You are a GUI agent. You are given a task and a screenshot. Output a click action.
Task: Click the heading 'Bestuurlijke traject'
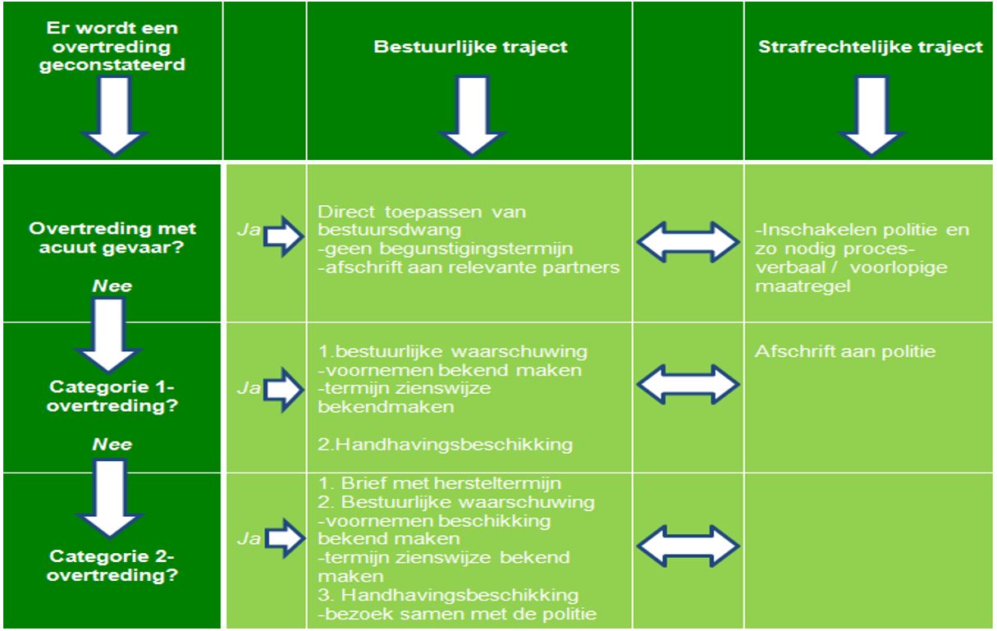tap(470, 47)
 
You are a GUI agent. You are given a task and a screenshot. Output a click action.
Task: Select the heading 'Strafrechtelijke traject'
tap(870, 47)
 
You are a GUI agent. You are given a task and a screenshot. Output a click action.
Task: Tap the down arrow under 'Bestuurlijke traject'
tap(472, 116)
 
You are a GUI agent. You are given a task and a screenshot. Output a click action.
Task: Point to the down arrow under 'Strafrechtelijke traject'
tap(871, 116)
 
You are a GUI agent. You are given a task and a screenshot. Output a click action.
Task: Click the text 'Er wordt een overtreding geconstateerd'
tap(112, 46)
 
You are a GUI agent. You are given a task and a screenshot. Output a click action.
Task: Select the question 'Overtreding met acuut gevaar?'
tap(112, 238)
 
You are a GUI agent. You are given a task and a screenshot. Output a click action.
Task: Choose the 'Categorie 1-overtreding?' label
tap(112, 396)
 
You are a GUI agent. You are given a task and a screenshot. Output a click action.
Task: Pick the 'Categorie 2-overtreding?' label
tap(112, 565)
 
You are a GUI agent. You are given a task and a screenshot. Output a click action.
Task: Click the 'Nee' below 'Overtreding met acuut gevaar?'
tap(112, 286)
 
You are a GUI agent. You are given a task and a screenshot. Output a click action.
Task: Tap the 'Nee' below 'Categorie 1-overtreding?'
tap(112, 444)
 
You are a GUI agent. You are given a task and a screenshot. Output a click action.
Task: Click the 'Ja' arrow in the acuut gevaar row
tap(284, 236)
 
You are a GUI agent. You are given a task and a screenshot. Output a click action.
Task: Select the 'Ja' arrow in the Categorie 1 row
tap(284, 390)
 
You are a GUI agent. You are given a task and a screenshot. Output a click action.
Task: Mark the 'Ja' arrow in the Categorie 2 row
tap(284, 538)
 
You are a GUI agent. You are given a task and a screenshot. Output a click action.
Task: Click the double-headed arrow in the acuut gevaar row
tap(688, 241)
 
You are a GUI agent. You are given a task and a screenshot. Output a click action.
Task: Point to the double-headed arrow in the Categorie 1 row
tap(688, 384)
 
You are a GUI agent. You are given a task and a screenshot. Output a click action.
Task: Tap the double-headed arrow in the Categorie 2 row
tap(688, 546)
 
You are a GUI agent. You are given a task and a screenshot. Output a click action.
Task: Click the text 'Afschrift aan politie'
tap(844, 351)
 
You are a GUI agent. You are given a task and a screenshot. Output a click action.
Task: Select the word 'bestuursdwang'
tap(390, 230)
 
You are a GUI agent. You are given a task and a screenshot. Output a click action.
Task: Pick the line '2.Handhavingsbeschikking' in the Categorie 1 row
tap(445, 445)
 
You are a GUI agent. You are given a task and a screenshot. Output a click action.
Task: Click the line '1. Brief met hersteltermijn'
tap(440, 483)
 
